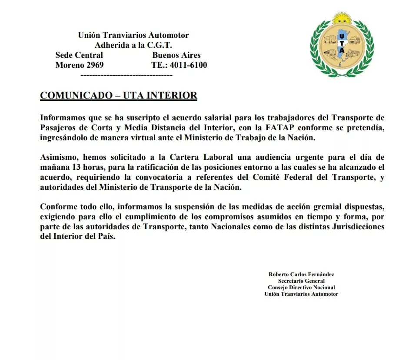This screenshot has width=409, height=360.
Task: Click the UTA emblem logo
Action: pyautogui.click(x=342, y=45)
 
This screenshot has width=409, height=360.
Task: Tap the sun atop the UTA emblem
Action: pyautogui.click(x=341, y=18)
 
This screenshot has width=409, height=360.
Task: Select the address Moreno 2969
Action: pyautogui.click(x=80, y=65)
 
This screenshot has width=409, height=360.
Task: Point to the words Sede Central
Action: pyautogui.click(x=79, y=55)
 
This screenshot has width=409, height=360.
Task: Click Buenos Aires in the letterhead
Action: pyautogui.click(x=176, y=55)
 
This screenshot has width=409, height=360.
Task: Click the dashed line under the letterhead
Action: pyautogui.click(x=127, y=75)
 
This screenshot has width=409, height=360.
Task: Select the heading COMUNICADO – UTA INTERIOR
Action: pyautogui.click(x=119, y=96)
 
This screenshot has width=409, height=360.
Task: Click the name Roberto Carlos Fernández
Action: pyautogui.click(x=301, y=274)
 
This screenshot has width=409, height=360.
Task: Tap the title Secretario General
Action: pyautogui.click(x=301, y=281)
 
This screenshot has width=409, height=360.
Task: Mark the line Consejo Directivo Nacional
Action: pyautogui.click(x=301, y=287)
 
